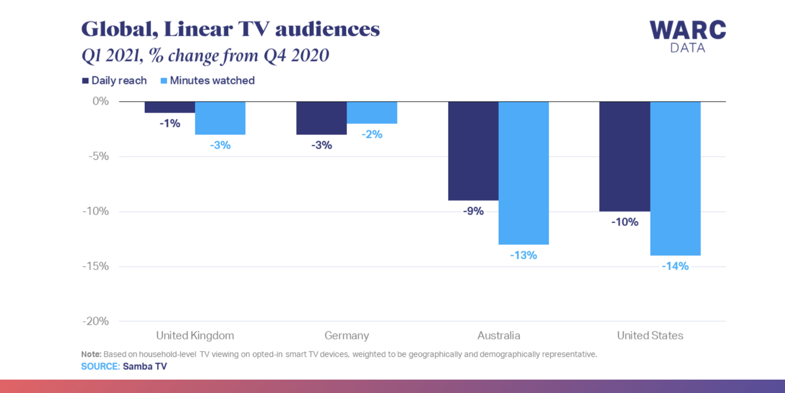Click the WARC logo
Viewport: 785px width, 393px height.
pyautogui.click(x=687, y=31)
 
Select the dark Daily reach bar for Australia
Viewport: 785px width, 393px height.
pyautogui.click(x=473, y=151)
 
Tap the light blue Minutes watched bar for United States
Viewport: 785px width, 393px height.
pyautogui.click(x=675, y=178)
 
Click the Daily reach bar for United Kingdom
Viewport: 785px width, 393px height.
pyautogui.click(x=170, y=107)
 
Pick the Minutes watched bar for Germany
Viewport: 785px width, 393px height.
pyautogui.click(x=372, y=113)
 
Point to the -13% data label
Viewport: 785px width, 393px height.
pyautogui.click(x=523, y=255)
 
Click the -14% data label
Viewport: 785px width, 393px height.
pyautogui.click(x=675, y=266)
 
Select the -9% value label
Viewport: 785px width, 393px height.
pyautogui.click(x=473, y=211)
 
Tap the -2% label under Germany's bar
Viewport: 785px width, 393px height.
pyautogui.click(x=372, y=134)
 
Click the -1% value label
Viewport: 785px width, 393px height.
pyautogui.click(x=170, y=123)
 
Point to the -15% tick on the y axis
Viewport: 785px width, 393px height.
pyautogui.click(x=95, y=266)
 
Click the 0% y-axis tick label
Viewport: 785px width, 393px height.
pyautogui.click(x=100, y=101)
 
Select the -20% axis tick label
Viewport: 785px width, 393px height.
pyautogui.click(x=95, y=321)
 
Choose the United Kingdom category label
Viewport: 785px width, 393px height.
pyautogui.click(x=195, y=336)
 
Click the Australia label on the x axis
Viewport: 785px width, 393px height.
pyautogui.click(x=498, y=336)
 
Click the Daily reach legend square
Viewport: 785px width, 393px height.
pyautogui.click(x=85, y=81)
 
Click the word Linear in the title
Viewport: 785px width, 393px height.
pyautogui.click(x=198, y=29)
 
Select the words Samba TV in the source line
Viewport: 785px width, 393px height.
pyautogui.click(x=144, y=366)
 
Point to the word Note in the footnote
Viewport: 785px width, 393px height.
pyautogui.click(x=91, y=354)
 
